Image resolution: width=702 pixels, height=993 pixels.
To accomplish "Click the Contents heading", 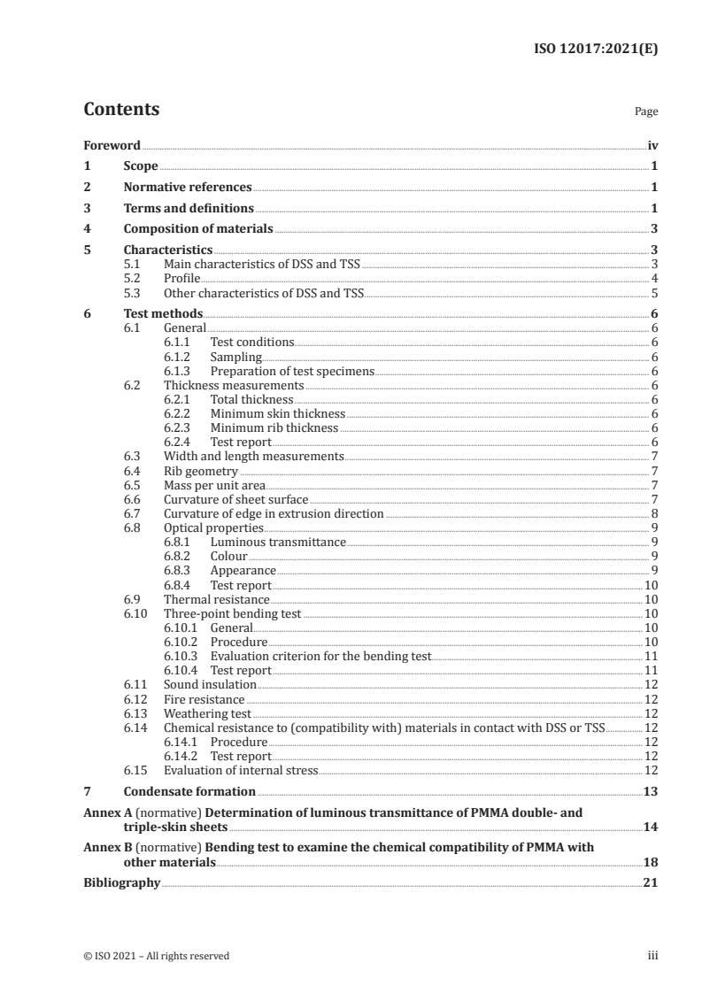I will [121, 110].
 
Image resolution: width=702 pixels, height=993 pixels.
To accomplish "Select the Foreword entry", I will [112, 145].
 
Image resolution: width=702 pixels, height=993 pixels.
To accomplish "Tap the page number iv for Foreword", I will [652, 145].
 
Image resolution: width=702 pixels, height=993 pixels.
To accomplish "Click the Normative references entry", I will [188, 188].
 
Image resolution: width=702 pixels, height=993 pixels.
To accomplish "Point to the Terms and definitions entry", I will [189, 209].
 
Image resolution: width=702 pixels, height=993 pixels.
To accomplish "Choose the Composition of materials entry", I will [199, 230].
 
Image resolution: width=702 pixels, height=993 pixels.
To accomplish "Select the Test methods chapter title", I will [163, 313].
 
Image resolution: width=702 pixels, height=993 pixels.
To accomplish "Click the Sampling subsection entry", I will [235, 357].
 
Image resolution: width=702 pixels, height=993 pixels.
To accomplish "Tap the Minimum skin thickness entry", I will [277, 413].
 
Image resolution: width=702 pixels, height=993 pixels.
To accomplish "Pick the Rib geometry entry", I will [201, 471].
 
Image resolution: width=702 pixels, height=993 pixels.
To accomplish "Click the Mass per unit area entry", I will [214, 485].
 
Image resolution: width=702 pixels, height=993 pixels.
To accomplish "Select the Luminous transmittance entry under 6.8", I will [278, 542].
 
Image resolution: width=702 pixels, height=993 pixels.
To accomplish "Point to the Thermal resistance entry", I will [217, 599].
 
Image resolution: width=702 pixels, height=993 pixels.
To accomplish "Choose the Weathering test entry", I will [208, 713].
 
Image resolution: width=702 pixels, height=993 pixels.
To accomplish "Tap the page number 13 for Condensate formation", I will [651, 791].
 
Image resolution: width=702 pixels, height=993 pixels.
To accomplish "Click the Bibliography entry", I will [121, 882].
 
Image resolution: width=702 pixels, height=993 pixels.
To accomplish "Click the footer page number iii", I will [652, 956].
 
